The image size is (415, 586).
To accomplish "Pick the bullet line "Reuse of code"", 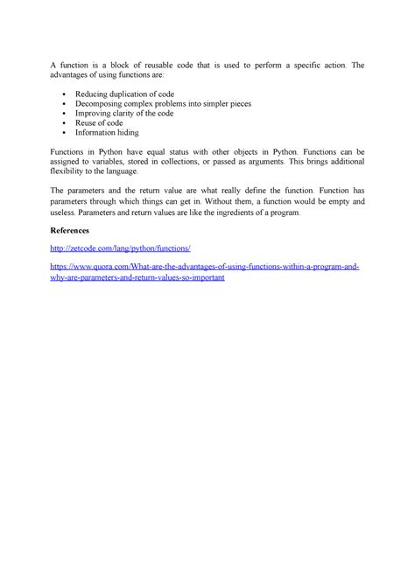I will pyautogui.click(x=98, y=124).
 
